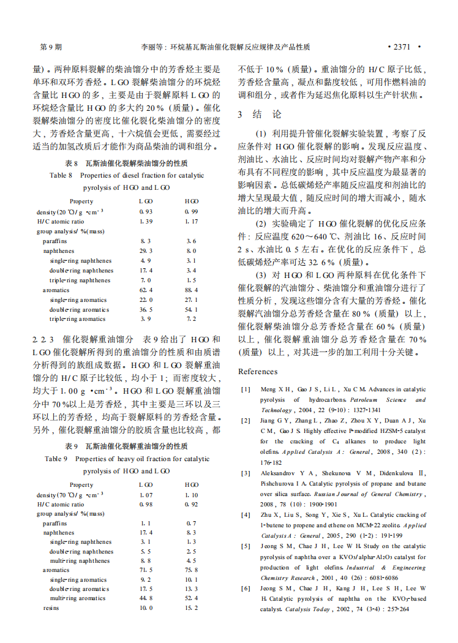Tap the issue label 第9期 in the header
click(x=50, y=47)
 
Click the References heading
click(x=258, y=371)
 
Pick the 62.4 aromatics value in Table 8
click(x=146, y=290)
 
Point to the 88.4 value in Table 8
click(x=191, y=290)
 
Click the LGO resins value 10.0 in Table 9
click(x=146, y=607)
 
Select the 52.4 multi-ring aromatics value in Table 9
click(x=191, y=598)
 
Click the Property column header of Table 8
click(x=81, y=201)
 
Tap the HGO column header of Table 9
click(x=191, y=485)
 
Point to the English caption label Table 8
click(x=61, y=176)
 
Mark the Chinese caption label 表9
click(x=72, y=446)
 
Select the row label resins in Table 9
click(x=51, y=607)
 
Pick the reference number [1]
click(x=246, y=389)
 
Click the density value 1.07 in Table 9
click(x=146, y=495)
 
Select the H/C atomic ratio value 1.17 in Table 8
click(x=191, y=221)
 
